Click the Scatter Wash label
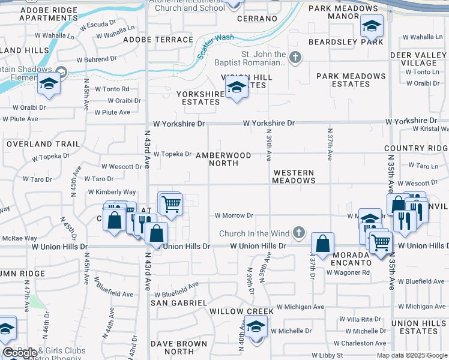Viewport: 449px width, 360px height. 215,47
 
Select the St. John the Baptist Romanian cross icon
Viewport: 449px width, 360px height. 294,58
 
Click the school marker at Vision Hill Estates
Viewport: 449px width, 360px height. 237,88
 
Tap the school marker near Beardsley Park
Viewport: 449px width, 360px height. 372,26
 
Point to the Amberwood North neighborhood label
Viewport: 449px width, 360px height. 223,159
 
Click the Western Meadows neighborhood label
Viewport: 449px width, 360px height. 293,176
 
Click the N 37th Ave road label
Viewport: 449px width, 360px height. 330,144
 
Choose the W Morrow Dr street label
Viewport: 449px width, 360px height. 234,215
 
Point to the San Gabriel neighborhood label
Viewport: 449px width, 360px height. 178,303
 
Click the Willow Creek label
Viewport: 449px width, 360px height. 241,311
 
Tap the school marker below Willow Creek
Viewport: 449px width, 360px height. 256,328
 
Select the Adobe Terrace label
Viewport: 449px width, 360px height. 158,40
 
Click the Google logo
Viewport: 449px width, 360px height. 20,353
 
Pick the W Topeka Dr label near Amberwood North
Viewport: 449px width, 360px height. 172,154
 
